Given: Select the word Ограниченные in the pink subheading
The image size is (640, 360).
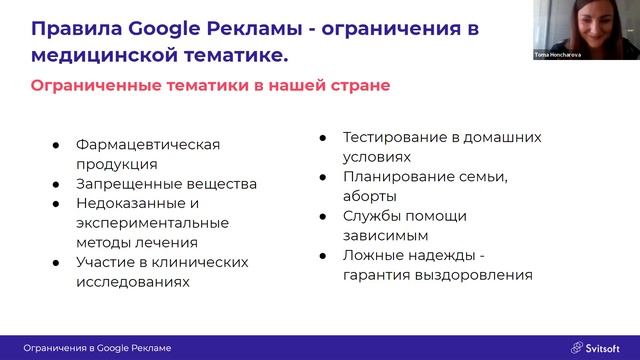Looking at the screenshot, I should pyautogui.click(x=100, y=86).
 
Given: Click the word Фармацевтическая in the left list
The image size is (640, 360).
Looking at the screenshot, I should pyautogui.click(x=147, y=144).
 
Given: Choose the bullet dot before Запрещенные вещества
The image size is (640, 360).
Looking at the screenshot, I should pyautogui.click(x=56, y=184).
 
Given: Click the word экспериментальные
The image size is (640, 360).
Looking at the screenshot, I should pyautogui.click(x=152, y=222).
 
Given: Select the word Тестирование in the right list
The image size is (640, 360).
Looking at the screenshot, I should pyautogui.click(x=391, y=137).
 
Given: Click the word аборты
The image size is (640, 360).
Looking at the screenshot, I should pyautogui.click(x=369, y=196).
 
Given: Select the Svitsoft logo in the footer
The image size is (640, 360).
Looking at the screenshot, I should pyautogui.click(x=596, y=347).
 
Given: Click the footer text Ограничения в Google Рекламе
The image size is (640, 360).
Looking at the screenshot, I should pyautogui.click(x=97, y=347).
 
